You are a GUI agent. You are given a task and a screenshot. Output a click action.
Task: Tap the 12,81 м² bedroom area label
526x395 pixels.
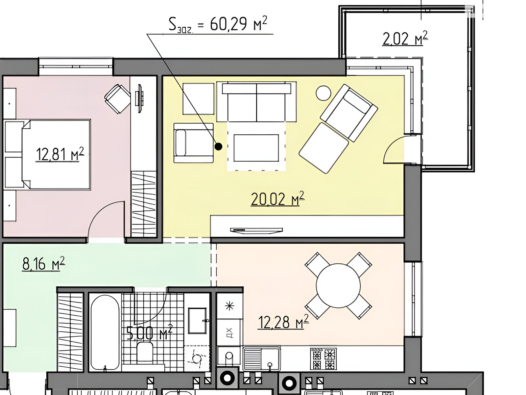(60, 154)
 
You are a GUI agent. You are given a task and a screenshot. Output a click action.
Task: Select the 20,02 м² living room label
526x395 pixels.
(277, 198)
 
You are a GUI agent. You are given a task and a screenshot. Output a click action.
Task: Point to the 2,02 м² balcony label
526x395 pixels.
(405, 39)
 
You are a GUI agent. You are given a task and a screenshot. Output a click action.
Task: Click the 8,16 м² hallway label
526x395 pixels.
(43, 263)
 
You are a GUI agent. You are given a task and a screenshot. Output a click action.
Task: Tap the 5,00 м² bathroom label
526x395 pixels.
(149, 333)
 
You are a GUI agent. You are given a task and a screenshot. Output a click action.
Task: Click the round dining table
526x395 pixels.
(338, 286)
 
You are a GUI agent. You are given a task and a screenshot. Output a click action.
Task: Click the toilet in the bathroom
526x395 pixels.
(145, 353)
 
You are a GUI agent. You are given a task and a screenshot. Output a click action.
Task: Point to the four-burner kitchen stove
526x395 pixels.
(323, 359)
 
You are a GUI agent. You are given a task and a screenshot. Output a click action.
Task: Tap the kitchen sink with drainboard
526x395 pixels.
(261, 359)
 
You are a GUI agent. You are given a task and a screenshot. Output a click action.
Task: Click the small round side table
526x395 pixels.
(323, 93)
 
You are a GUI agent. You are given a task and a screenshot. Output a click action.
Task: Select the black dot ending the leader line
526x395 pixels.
(218, 146)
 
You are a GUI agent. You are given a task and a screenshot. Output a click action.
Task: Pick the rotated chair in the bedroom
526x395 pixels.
(118, 99)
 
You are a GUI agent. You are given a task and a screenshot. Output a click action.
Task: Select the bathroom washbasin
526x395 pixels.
(197, 321)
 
